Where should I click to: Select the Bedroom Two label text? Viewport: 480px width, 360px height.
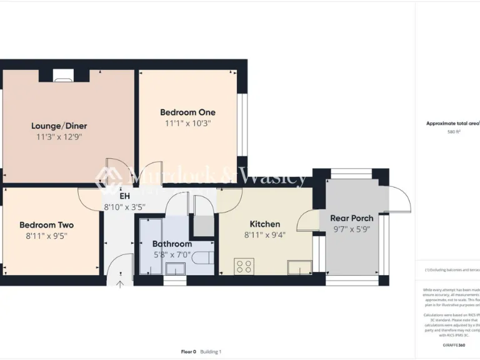46,225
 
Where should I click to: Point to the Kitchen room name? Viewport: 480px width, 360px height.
265,224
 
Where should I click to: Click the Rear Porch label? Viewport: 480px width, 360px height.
352,218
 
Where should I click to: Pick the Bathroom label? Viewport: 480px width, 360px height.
172,244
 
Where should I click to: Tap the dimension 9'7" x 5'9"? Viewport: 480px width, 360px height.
352,229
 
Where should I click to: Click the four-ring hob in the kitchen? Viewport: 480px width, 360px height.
244,267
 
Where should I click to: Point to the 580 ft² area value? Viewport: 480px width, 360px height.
454,132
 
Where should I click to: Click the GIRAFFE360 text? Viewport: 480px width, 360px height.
454,345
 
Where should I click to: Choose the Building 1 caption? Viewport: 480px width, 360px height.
211,352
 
